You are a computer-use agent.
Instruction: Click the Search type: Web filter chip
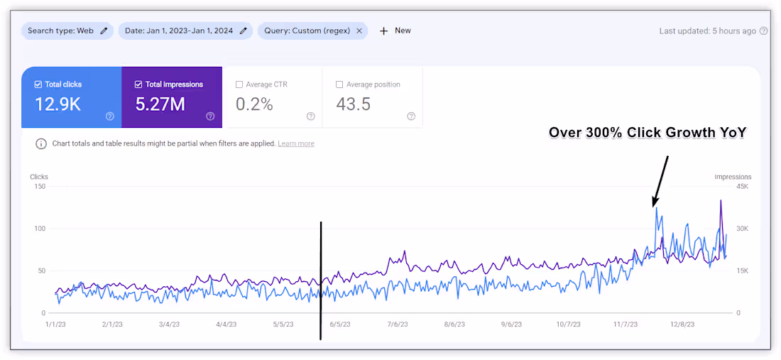pyautogui.click(x=67, y=31)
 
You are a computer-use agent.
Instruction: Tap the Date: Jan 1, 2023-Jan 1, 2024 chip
pyautogui.click(x=185, y=31)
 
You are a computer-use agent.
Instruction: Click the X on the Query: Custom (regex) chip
pyautogui.click(x=359, y=31)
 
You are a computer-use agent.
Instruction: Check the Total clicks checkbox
pyautogui.click(x=38, y=84)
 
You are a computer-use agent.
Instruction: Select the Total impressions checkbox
pyautogui.click(x=138, y=84)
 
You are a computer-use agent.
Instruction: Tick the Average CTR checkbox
pyautogui.click(x=239, y=84)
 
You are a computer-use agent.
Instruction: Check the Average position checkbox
pyautogui.click(x=339, y=84)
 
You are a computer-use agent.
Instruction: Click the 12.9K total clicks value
pyautogui.click(x=58, y=104)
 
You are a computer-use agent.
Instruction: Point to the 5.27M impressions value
pyautogui.click(x=160, y=104)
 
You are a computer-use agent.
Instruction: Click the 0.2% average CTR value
pyautogui.click(x=254, y=104)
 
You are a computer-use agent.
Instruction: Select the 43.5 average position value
pyautogui.click(x=353, y=104)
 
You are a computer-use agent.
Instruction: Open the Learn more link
pyautogui.click(x=296, y=144)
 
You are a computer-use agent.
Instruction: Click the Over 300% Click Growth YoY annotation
pyautogui.click(x=647, y=133)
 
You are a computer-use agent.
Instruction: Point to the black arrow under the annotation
pyautogui.click(x=660, y=181)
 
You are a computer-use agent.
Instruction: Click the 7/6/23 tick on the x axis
pyautogui.click(x=397, y=324)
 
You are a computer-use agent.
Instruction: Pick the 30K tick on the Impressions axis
pyautogui.click(x=742, y=229)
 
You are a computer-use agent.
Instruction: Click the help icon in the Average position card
pyautogui.click(x=411, y=116)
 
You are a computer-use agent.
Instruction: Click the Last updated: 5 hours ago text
pyautogui.click(x=707, y=31)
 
